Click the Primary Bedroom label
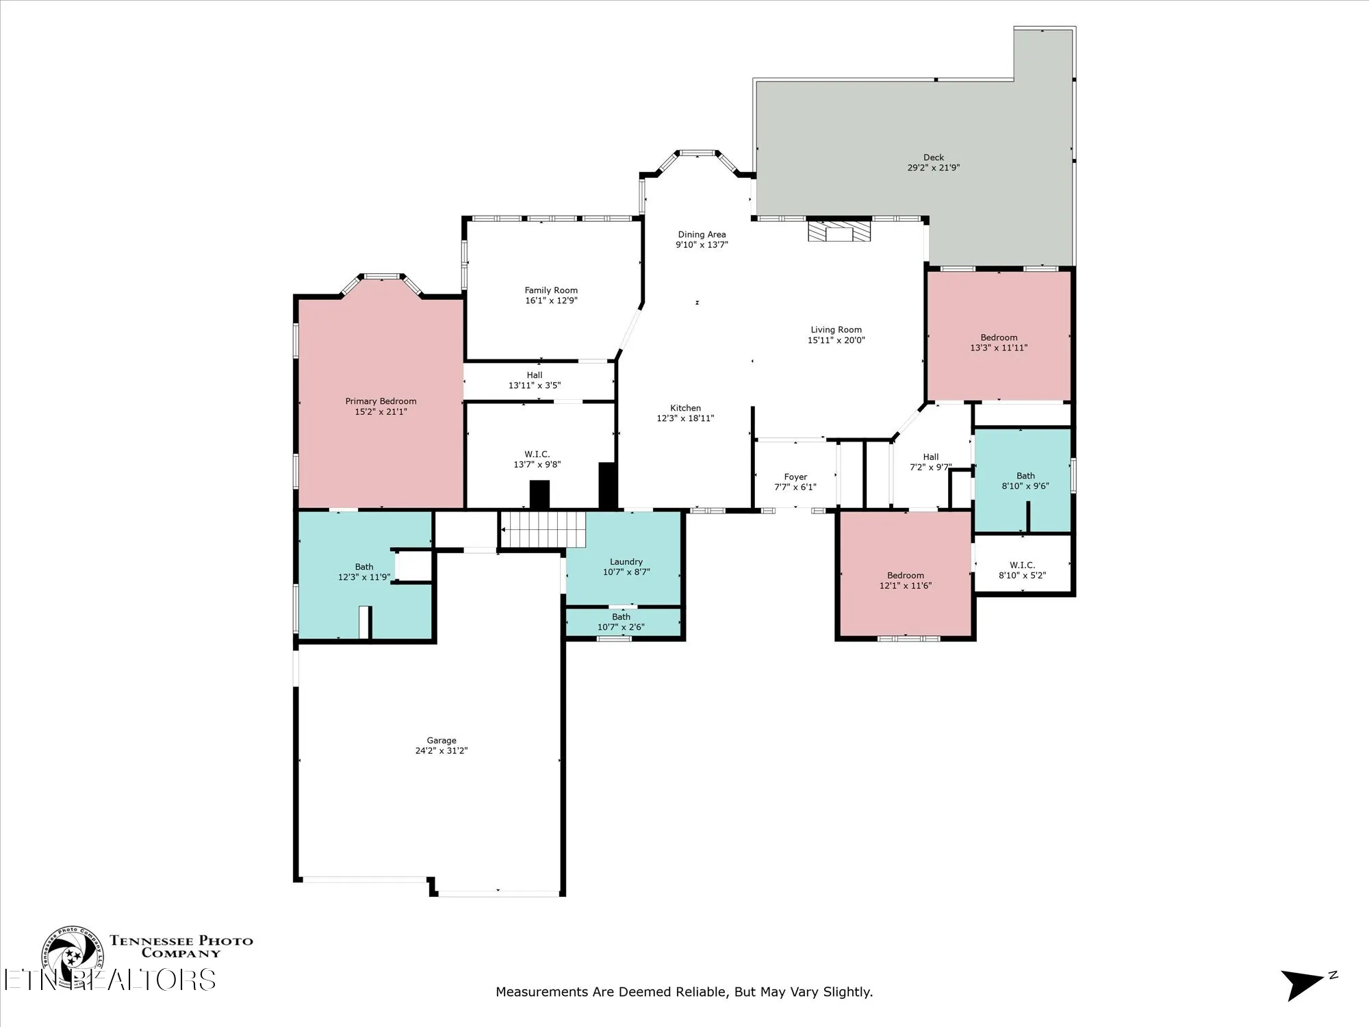click(x=381, y=401)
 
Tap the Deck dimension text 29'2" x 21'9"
click(x=933, y=168)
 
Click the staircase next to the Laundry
click(x=543, y=529)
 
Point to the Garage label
click(x=441, y=740)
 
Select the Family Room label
click(x=551, y=290)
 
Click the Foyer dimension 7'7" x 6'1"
click(x=795, y=487)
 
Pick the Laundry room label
click(x=626, y=561)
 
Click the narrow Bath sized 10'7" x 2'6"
click(x=621, y=622)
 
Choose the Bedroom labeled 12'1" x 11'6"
click(x=905, y=581)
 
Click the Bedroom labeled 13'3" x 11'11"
click(x=999, y=342)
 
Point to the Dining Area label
click(x=702, y=234)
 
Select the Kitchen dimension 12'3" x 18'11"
click(x=685, y=418)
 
